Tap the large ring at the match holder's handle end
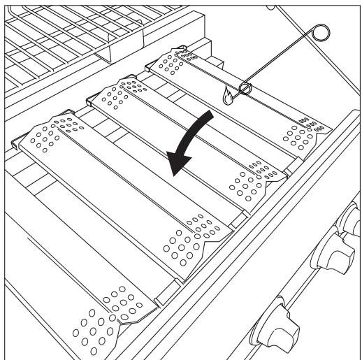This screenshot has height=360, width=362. click(321, 33)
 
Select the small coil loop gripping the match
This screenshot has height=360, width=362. click(245, 89)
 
